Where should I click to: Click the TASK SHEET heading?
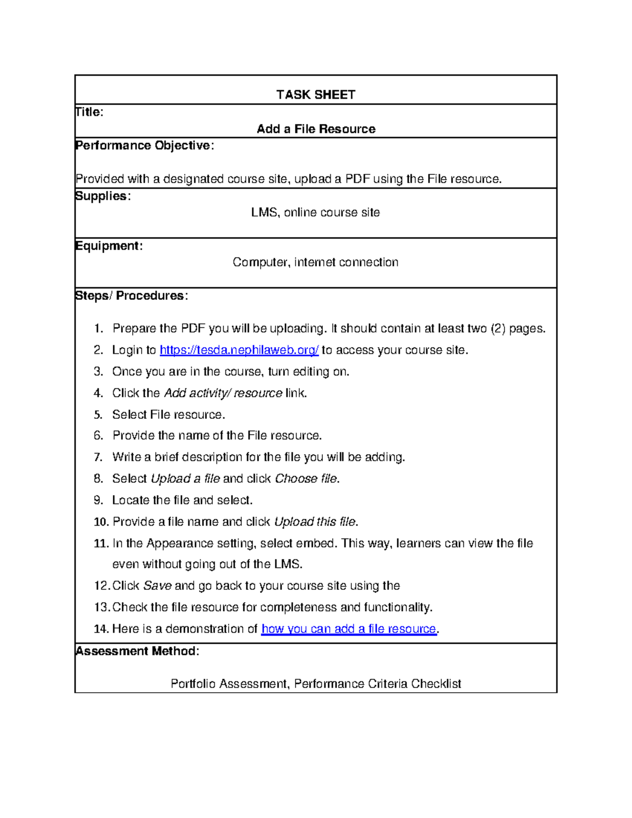(315, 95)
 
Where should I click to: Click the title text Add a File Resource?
(315, 129)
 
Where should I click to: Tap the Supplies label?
(103, 196)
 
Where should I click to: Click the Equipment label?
(108, 246)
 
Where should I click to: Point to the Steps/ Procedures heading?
(131, 295)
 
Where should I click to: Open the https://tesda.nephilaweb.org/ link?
(239, 350)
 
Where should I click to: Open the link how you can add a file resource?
(349, 629)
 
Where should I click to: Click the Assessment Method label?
(137, 651)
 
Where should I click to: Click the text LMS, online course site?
(315, 212)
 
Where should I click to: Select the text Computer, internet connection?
(315, 262)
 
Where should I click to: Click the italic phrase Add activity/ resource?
(223, 393)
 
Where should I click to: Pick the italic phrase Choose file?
(306, 479)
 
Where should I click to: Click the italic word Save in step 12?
(157, 586)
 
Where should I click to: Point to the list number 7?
(98, 457)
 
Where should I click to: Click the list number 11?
(101, 544)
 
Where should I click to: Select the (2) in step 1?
(498, 329)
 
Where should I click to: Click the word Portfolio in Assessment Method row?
(193, 684)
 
